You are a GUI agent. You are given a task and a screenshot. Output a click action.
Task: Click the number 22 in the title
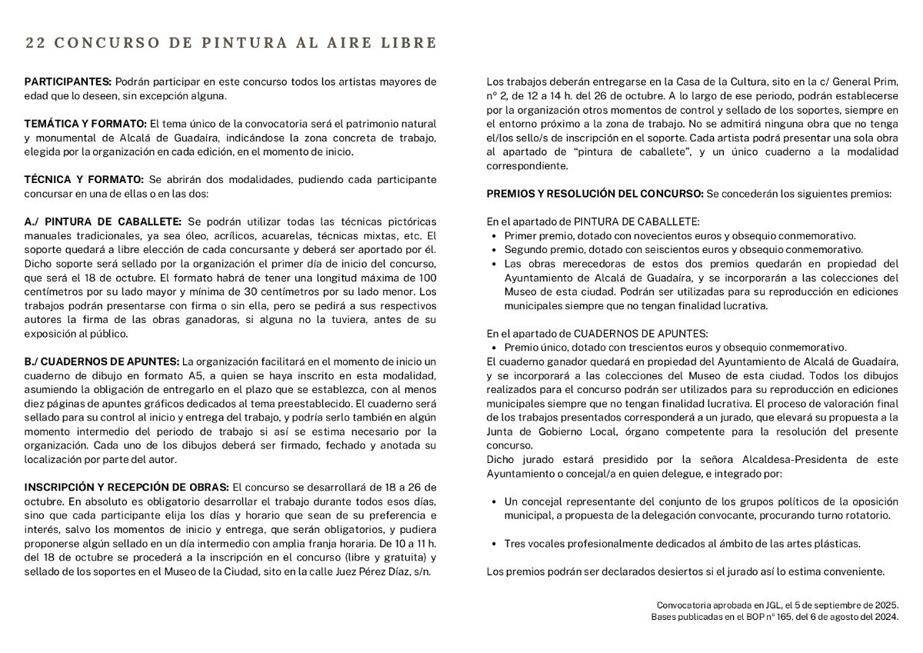(x=34, y=43)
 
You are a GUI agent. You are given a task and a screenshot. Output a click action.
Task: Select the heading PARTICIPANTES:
(x=68, y=82)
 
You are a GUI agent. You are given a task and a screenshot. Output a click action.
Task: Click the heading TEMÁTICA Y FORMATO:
(x=85, y=123)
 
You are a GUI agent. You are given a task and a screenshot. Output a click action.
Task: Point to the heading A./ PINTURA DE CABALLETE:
(x=103, y=222)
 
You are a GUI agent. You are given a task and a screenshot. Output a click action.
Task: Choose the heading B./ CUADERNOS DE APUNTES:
(x=102, y=361)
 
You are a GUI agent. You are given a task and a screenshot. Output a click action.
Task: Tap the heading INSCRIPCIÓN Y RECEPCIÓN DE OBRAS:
(x=127, y=487)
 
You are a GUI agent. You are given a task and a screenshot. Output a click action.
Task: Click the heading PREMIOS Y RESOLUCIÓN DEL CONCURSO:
(x=595, y=194)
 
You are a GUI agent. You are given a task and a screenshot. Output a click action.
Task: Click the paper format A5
(x=197, y=375)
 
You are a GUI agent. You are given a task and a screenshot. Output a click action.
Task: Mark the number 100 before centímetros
(x=428, y=278)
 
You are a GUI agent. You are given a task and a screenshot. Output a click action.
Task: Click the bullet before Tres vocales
(x=494, y=543)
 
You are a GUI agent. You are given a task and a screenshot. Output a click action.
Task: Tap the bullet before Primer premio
(x=494, y=236)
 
